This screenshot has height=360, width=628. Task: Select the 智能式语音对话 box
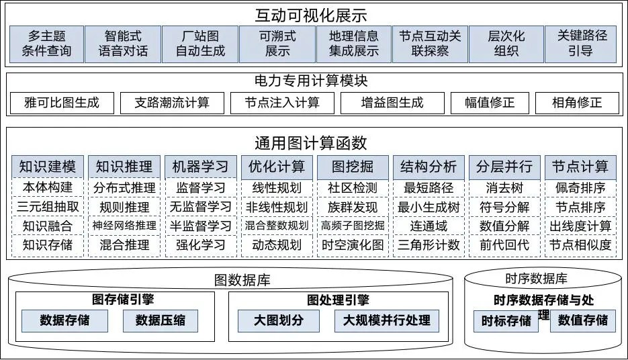pos(123,44)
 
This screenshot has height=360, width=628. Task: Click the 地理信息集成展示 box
pos(353,44)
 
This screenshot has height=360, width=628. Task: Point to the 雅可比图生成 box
pos(61,103)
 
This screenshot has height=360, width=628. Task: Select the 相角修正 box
pos(576,103)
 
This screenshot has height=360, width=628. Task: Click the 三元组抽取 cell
pos(47,207)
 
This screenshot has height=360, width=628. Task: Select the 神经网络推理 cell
pos(124,226)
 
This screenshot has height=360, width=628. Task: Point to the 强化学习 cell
pos(200,244)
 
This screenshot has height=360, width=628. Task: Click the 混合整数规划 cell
pos(276,226)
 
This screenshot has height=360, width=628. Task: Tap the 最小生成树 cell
pos(429,207)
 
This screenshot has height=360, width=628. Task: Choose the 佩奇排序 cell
pos(581,188)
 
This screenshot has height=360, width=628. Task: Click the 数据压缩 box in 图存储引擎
pos(161,320)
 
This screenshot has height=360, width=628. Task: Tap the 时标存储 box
pos(506,320)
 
